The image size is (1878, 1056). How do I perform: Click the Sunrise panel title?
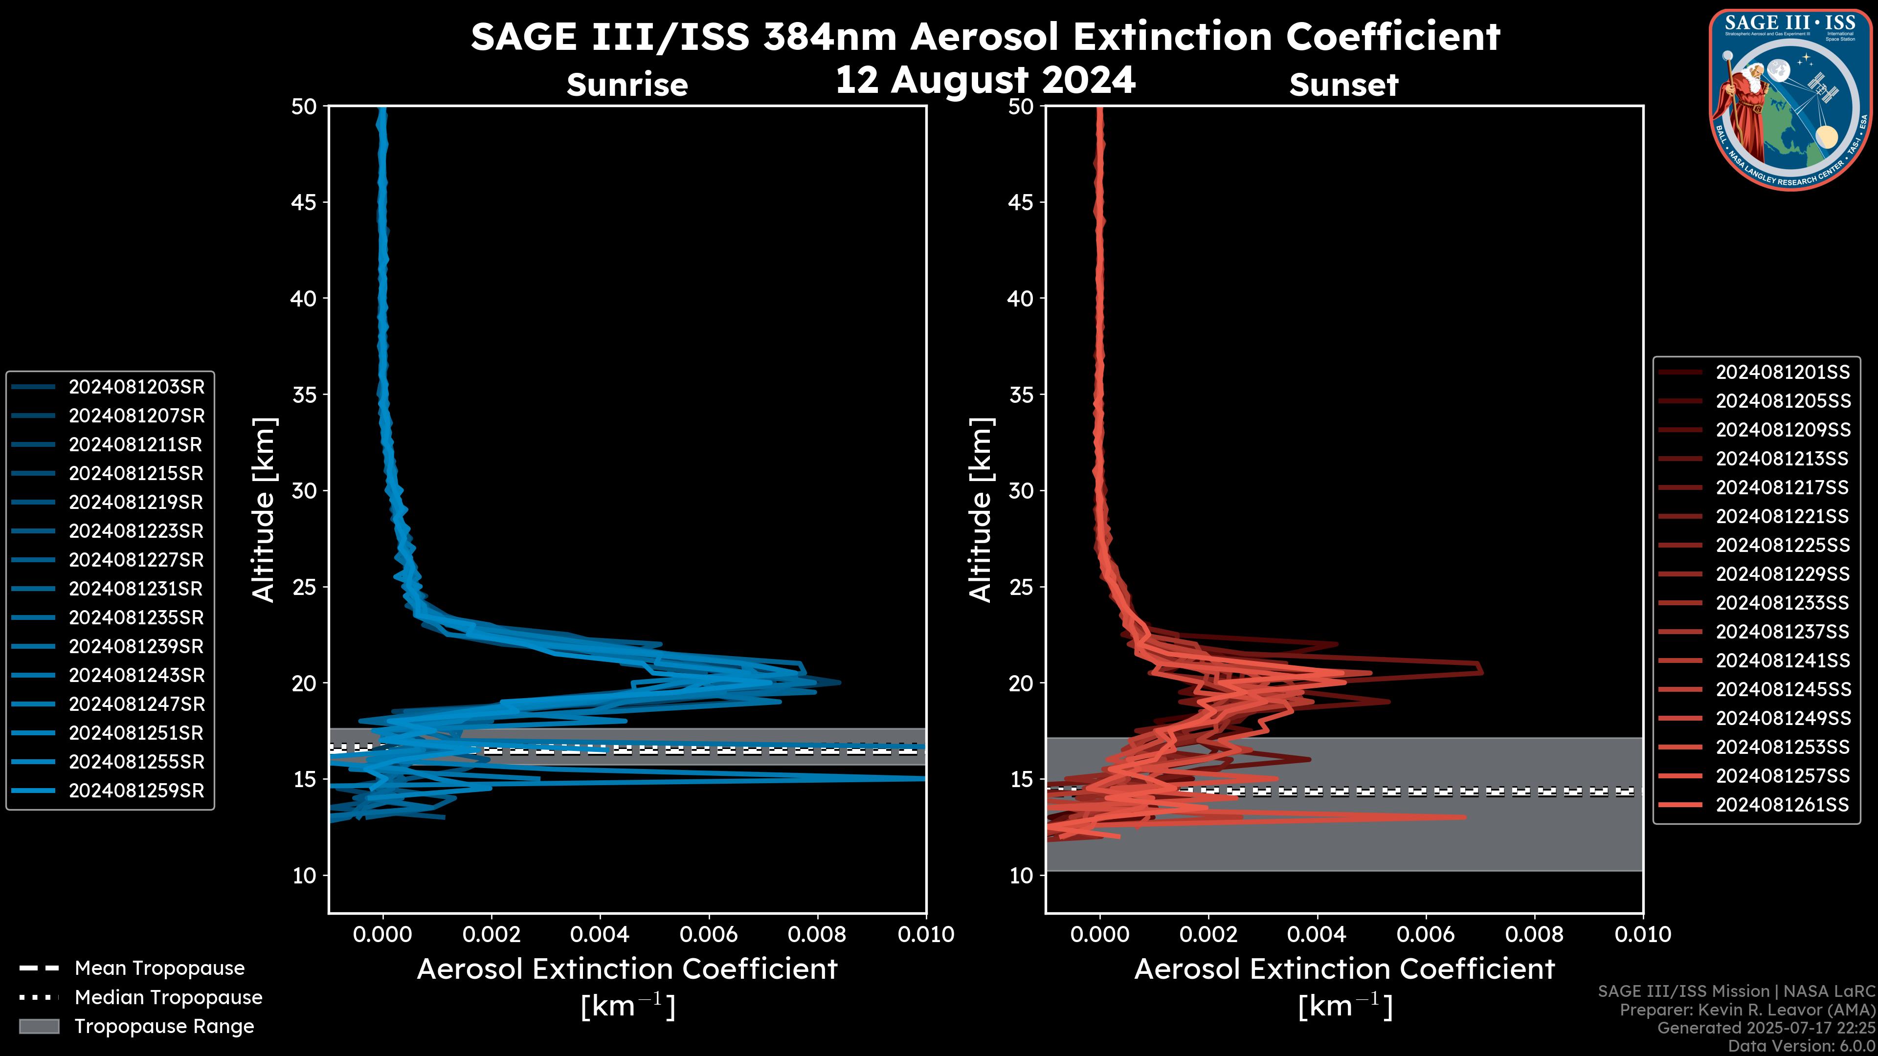(627, 85)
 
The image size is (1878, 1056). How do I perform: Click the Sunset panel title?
(1343, 85)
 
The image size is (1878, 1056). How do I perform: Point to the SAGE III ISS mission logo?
(1790, 100)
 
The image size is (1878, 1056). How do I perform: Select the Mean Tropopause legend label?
(159, 968)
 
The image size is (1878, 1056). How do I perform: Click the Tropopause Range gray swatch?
(39, 1026)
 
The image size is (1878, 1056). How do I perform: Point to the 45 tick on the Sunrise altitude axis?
(305, 202)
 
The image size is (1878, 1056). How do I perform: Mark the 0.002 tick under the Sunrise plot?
(492, 934)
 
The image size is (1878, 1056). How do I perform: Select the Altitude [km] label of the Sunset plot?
(981, 509)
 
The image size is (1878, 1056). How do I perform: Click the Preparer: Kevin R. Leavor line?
(1747, 1010)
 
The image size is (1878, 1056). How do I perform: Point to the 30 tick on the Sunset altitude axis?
(1021, 490)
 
